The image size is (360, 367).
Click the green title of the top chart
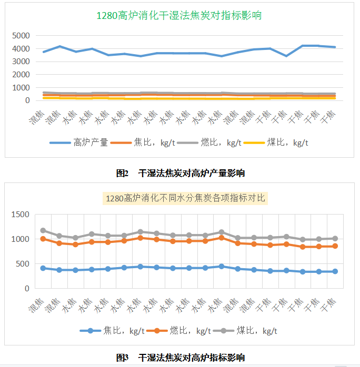[x=179, y=16]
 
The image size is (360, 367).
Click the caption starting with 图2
[x=180, y=172]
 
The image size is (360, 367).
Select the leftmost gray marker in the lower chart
[x=43, y=230]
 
